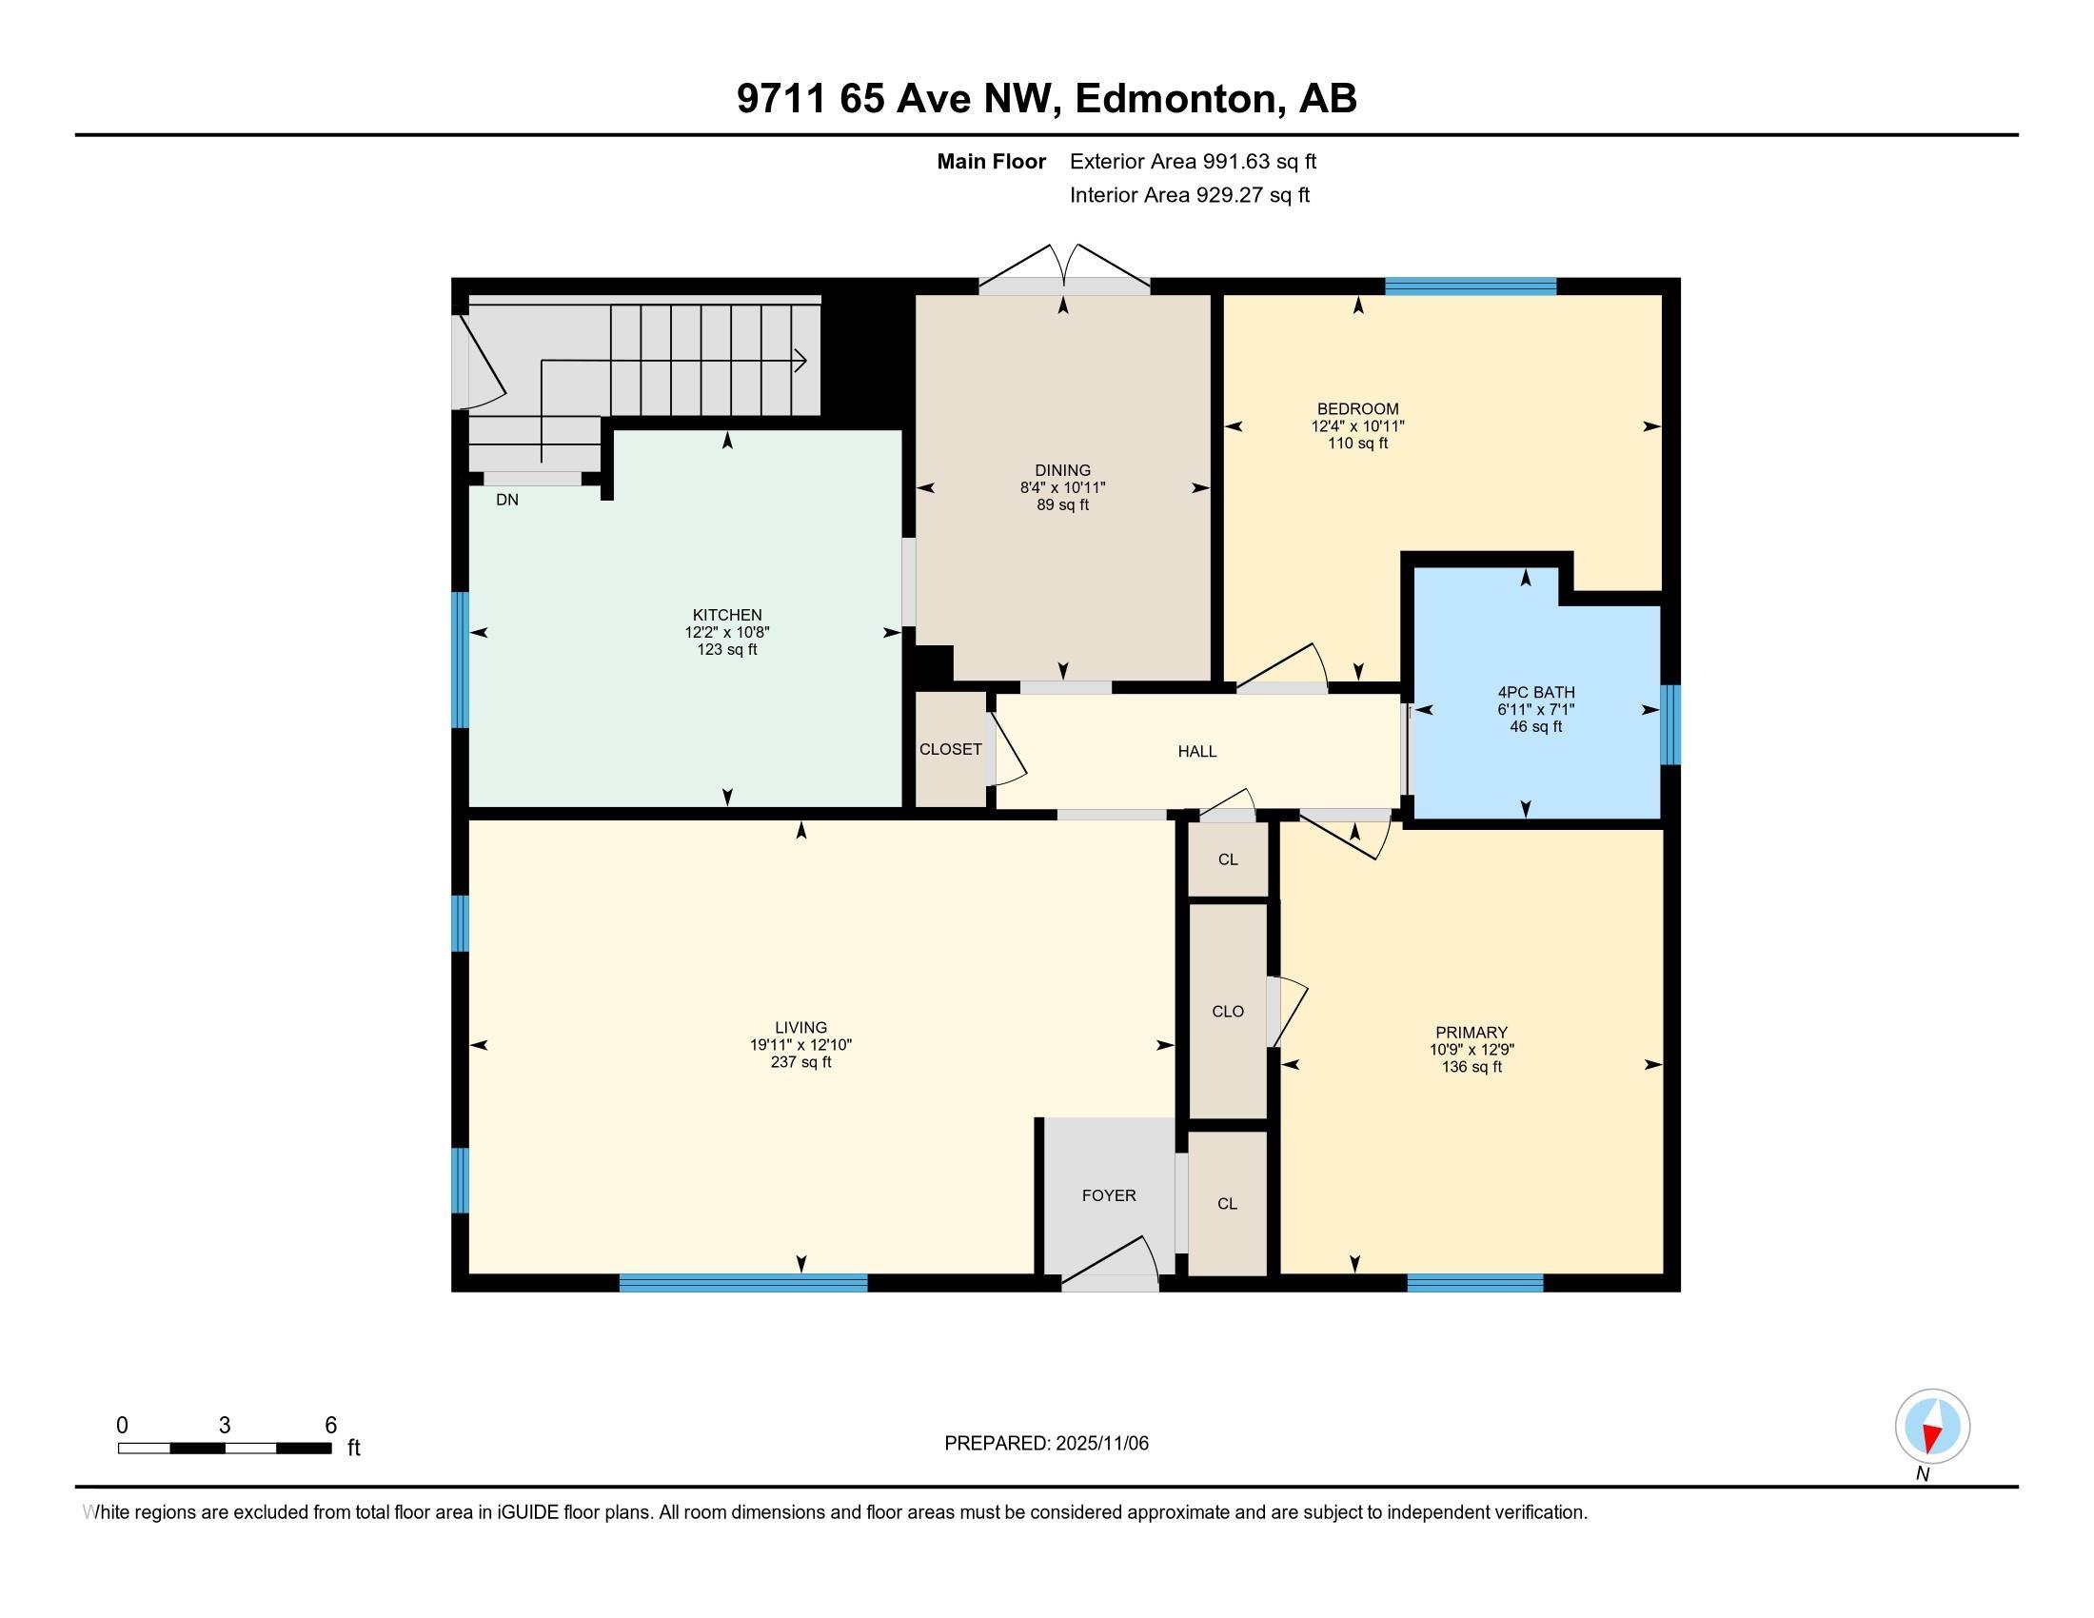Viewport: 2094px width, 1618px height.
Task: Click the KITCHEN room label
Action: (x=727, y=616)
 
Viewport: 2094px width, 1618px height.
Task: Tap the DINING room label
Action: (x=1062, y=470)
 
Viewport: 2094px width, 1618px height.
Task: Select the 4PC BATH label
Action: (x=1536, y=693)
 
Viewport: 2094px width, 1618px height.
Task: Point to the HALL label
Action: (x=1197, y=752)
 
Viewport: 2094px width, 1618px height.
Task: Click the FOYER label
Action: (x=1109, y=1195)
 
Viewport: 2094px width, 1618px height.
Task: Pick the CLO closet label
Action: (x=1228, y=1011)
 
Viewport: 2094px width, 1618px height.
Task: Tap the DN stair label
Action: (x=507, y=500)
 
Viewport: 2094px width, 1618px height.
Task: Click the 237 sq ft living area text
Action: (x=800, y=1062)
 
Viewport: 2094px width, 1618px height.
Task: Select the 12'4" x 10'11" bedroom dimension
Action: (x=1357, y=426)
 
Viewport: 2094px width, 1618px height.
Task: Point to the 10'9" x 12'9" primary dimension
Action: (x=1472, y=1050)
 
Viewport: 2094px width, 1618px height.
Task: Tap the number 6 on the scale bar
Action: (x=331, y=1426)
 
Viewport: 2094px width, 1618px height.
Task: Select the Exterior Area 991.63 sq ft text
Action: (x=1193, y=162)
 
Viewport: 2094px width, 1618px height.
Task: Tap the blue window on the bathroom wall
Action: (x=1670, y=724)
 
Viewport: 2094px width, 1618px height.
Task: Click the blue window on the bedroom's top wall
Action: (x=1471, y=286)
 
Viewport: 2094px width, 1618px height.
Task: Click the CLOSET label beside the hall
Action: (x=950, y=750)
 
